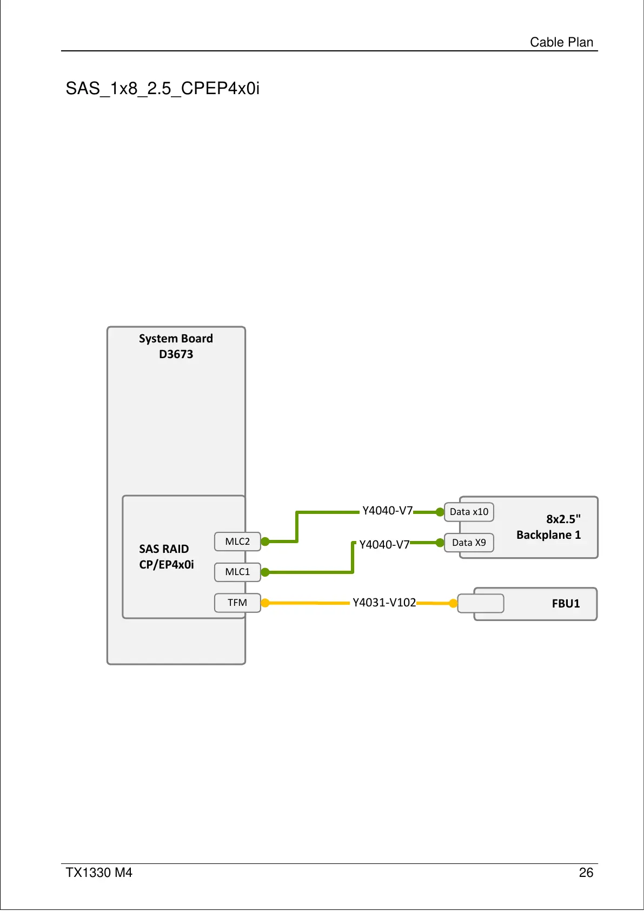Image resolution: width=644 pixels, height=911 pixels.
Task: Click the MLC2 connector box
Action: click(x=237, y=542)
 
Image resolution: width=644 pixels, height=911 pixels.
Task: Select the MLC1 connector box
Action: click(x=237, y=572)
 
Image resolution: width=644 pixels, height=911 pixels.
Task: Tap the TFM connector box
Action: click(x=237, y=603)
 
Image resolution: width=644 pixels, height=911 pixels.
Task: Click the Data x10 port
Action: click(x=469, y=512)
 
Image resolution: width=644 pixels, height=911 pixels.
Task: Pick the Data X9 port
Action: click(x=469, y=543)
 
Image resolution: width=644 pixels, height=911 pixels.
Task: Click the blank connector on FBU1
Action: click(x=481, y=603)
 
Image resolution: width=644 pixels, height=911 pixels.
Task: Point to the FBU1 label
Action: click(x=566, y=604)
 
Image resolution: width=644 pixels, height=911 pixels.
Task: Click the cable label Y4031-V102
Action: click(x=384, y=603)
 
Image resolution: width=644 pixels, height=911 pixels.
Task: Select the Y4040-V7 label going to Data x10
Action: click(x=387, y=511)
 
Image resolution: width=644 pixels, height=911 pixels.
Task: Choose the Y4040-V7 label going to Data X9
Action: click(x=384, y=545)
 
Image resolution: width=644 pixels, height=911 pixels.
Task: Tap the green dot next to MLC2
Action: click(x=265, y=542)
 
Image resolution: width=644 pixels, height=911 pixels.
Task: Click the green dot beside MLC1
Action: click(x=265, y=572)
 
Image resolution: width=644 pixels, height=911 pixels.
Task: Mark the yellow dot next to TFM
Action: click(x=265, y=603)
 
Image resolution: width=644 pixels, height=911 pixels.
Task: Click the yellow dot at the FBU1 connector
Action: click(x=453, y=603)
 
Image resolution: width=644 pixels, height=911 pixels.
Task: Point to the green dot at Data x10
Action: click(x=440, y=512)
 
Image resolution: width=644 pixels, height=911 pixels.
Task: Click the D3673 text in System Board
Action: click(x=176, y=354)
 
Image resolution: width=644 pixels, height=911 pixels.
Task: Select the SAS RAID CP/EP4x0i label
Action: click(x=166, y=557)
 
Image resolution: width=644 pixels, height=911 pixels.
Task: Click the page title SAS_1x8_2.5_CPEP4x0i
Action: click(x=162, y=88)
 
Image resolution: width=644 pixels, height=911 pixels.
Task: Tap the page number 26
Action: click(x=586, y=873)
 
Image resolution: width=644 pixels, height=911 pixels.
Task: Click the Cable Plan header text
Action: click(x=561, y=42)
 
